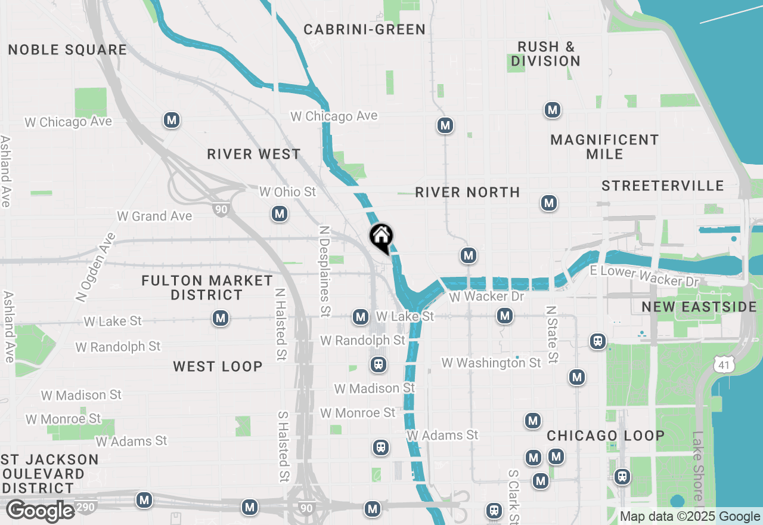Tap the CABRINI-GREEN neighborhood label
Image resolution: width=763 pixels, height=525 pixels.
[x=364, y=29]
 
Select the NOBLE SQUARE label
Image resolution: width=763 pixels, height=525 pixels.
[x=67, y=50]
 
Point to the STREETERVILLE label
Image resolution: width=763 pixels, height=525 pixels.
[x=662, y=186]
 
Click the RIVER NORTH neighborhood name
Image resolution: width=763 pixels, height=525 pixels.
[x=467, y=192]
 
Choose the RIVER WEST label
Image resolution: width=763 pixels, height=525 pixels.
[x=254, y=154]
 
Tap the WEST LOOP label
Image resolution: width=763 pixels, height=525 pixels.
[x=218, y=366]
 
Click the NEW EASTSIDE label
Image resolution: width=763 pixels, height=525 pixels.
[x=699, y=307]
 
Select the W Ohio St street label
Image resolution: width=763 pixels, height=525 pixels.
[x=287, y=192]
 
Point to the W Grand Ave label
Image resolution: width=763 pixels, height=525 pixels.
[x=154, y=216]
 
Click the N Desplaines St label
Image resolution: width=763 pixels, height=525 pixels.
[x=324, y=270]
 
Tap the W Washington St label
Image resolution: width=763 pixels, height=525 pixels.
[x=491, y=363]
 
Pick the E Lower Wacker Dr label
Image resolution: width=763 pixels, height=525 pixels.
[x=643, y=276]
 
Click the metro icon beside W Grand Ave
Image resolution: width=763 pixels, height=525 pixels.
[x=279, y=214]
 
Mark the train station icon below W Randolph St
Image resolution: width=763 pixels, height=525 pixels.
[x=378, y=364]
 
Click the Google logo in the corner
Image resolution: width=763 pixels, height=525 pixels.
[x=41, y=511]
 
